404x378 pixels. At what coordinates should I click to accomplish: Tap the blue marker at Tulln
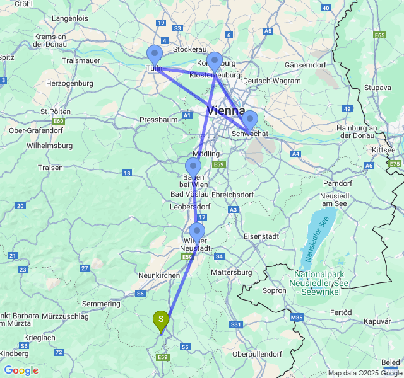155,55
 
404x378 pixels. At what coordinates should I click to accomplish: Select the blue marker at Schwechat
250,120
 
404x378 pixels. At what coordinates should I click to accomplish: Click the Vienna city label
225,111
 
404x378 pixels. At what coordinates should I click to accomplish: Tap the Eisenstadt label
261,236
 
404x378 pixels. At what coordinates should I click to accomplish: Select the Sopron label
274,290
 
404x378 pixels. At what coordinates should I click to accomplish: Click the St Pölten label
54,111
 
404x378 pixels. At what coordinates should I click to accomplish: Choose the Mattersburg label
231,272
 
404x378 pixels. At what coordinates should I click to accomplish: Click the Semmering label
101,304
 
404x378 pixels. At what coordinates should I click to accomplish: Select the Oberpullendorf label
258,354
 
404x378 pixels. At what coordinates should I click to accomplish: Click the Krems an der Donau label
51,41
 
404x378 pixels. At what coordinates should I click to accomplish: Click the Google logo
21,370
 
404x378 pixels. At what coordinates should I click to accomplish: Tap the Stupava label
377,88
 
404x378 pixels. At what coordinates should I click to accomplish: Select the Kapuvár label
377,321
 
